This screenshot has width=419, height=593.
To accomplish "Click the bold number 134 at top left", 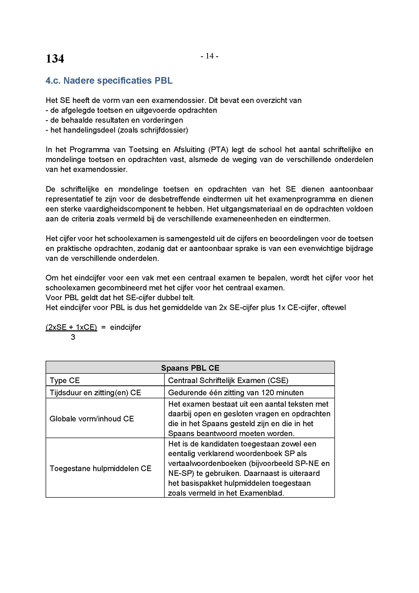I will pyautogui.click(x=55, y=59).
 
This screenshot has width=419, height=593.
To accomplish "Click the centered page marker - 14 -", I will pyautogui.click(x=210, y=56).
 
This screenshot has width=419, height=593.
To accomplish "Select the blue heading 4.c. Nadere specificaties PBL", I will pyautogui.click(x=109, y=81).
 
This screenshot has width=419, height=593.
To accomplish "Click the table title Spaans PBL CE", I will pyautogui.click(x=190, y=368).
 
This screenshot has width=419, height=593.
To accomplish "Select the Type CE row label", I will pyautogui.click(x=65, y=380).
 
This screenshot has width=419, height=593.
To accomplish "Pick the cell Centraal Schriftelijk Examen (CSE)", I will pyautogui.click(x=228, y=380).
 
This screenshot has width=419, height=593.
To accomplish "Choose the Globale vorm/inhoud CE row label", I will pyautogui.click(x=92, y=418).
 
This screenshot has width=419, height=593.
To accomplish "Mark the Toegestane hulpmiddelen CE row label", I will pyautogui.click(x=100, y=468).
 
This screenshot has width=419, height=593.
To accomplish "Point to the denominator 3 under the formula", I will pyautogui.click(x=73, y=337).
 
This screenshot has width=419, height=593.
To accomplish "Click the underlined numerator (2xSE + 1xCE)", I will pyautogui.click(x=71, y=327).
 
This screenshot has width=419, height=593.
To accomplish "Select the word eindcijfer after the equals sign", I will pyautogui.click(x=126, y=327).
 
